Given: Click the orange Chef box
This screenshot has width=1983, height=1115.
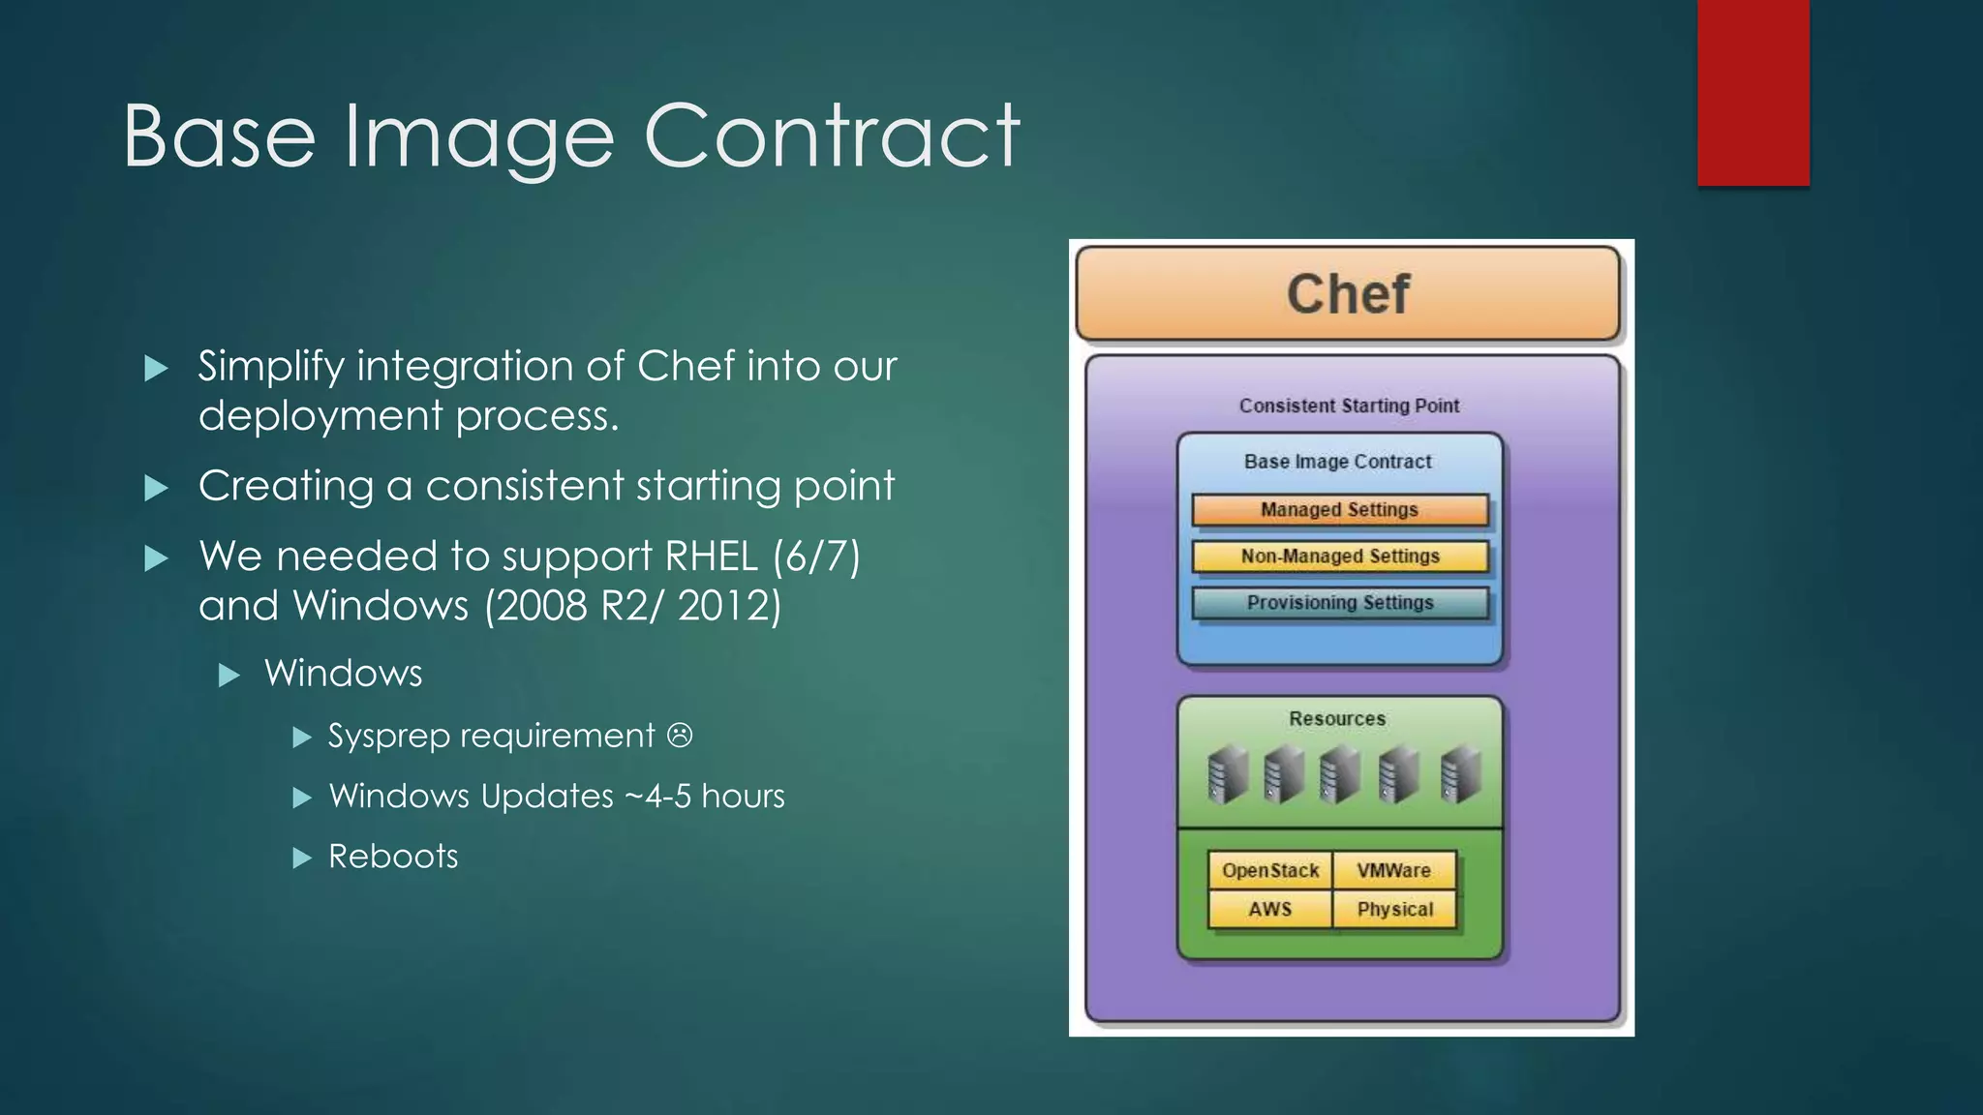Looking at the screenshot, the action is pyautogui.click(x=1348, y=293).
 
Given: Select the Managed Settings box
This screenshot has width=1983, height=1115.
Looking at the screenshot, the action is pyautogui.click(x=1339, y=510).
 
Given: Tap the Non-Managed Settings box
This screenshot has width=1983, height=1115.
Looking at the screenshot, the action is pyautogui.click(x=1339, y=557).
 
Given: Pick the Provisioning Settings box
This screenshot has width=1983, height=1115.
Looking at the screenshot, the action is pyautogui.click(x=1339, y=603).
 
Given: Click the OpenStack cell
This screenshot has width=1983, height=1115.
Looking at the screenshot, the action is pyautogui.click(x=1269, y=870).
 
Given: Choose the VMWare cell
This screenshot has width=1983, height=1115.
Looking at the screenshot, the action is pyautogui.click(x=1393, y=870).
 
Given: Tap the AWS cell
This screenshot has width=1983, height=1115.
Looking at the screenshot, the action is pyautogui.click(x=1269, y=910).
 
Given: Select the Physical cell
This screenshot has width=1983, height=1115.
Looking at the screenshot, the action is pyautogui.click(x=1394, y=910).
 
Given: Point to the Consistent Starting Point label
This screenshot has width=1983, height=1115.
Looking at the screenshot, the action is pyautogui.click(x=1349, y=406).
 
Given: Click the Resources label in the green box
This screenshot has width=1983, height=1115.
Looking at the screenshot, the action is pyautogui.click(x=1337, y=719).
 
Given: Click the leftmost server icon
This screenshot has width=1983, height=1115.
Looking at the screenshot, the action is pyautogui.click(x=1227, y=774).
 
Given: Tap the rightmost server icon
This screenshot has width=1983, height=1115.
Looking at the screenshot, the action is pyautogui.click(x=1460, y=774).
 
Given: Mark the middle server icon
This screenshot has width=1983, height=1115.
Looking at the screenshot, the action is pyautogui.click(x=1341, y=774).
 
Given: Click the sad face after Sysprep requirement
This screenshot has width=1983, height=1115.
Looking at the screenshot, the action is pyautogui.click(x=680, y=736).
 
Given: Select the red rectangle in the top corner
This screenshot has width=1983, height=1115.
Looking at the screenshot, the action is pyautogui.click(x=1753, y=92).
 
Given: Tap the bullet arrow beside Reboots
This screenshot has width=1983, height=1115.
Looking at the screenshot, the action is pyautogui.click(x=302, y=858).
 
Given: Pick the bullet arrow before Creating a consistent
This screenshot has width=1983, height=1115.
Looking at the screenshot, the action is pyautogui.click(x=156, y=488).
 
